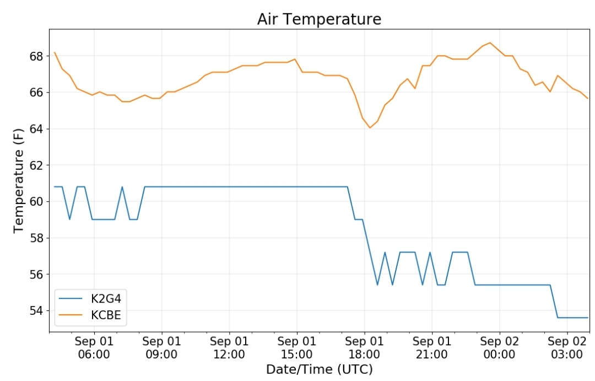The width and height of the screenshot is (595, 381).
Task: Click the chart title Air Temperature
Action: pos(319,19)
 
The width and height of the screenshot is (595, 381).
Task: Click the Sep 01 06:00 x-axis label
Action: pos(94,348)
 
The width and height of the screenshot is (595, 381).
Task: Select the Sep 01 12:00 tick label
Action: pos(229,348)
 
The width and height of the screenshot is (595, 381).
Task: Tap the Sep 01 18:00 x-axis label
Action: pos(364,348)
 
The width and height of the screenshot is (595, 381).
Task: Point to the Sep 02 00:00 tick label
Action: pos(499,348)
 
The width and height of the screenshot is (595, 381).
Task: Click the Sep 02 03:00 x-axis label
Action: pos(567,348)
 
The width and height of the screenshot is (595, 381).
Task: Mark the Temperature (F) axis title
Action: pos(18,180)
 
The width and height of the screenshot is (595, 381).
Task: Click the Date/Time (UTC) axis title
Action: pos(319,369)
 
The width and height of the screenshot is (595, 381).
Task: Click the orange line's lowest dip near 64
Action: pos(370,127)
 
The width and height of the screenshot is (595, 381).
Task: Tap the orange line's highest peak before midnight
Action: pos(490,42)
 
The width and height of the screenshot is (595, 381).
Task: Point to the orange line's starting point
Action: pos(55,52)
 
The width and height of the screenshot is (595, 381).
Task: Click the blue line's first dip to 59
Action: pos(69,219)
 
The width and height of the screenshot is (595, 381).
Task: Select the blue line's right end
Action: pos(588,318)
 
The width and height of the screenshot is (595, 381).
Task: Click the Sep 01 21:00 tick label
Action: pos(432,348)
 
